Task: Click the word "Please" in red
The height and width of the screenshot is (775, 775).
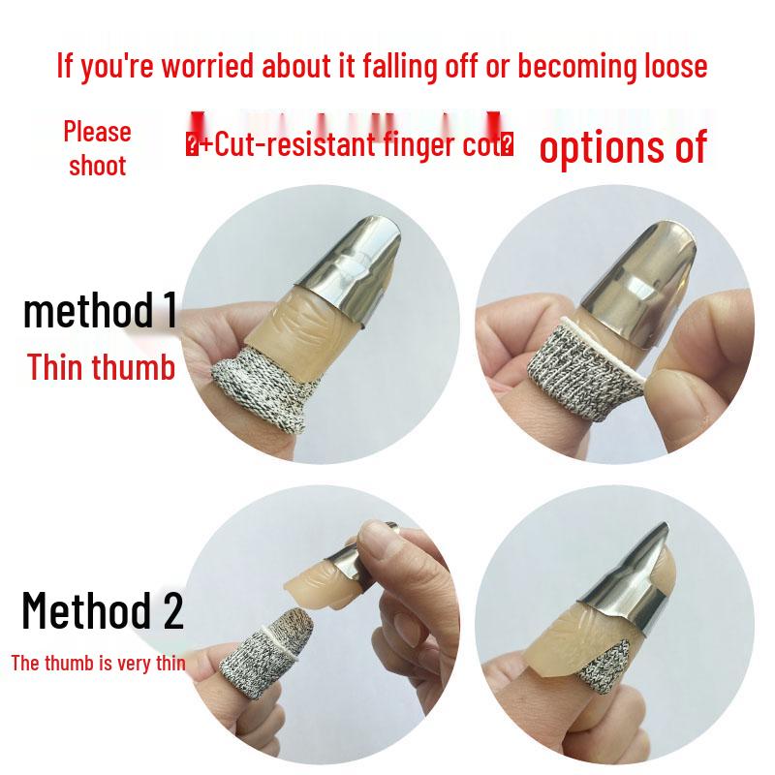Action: (x=97, y=131)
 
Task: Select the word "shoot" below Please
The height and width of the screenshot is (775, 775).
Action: (x=97, y=165)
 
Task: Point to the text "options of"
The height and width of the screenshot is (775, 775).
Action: (x=622, y=147)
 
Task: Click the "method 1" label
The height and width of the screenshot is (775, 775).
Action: (x=100, y=311)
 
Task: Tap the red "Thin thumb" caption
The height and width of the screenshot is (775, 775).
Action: (x=101, y=367)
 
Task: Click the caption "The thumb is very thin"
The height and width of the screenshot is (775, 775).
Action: (x=98, y=664)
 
